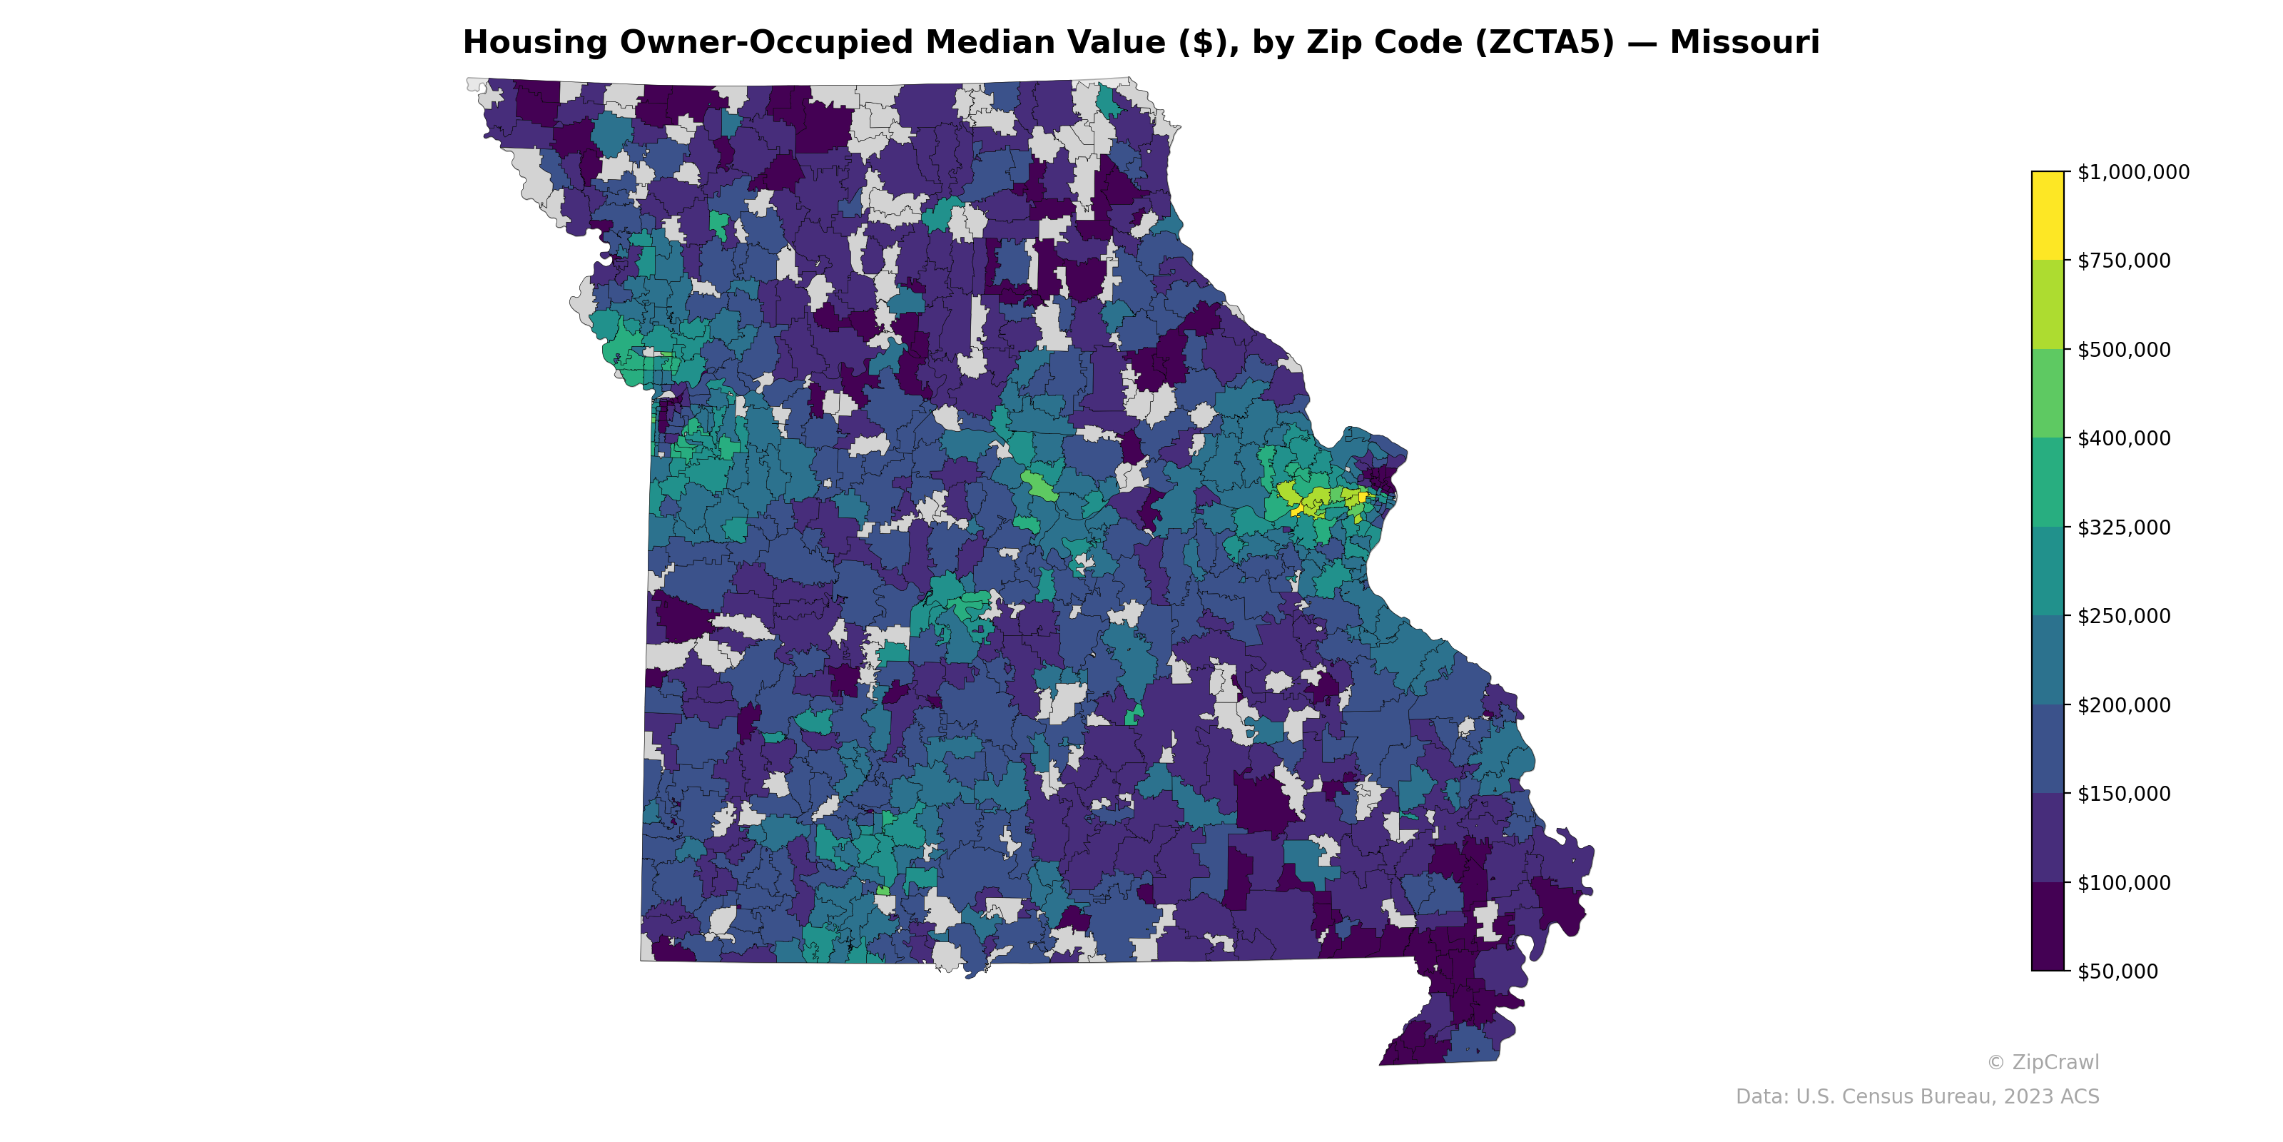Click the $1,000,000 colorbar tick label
(x=2132, y=172)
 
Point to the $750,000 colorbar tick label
(x=2123, y=261)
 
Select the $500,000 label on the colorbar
(x=2123, y=349)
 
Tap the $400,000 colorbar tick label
(x=2123, y=438)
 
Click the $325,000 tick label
(x=2123, y=527)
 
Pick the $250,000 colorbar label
(x=2123, y=616)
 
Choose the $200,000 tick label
(x=2123, y=705)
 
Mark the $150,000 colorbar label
(x=2123, y=794)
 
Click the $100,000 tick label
(x=2123, y=882)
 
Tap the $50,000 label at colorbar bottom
(x=2117, y=971)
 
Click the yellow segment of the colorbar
(x=2048, y=216)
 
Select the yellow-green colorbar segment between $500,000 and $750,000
(x=2048, y=304)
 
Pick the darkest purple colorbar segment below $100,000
(x=2048, y=926)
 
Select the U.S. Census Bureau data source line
(x=1917, y=1097)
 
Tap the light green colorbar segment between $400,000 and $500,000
(x=2048, y=394)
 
